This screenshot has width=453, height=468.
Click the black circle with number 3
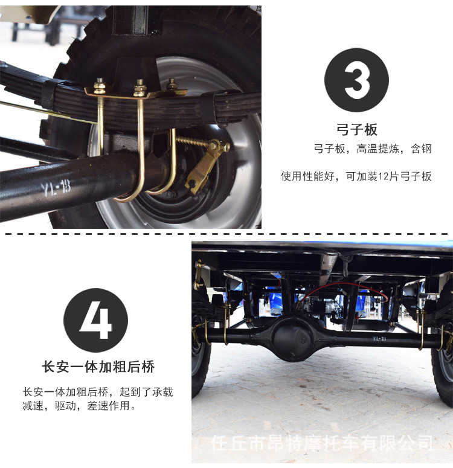pos(356,80)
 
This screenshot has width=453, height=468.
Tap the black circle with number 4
pos(95,320)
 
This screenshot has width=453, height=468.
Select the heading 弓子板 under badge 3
pos(357,130)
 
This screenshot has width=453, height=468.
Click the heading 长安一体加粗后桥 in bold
pos(98,367)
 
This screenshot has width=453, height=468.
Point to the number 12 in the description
pos(383,176)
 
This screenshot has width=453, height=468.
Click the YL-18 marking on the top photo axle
pos(56,188)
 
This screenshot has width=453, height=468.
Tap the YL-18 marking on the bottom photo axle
pos(379,338)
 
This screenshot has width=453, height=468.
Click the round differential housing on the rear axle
pos(294,338)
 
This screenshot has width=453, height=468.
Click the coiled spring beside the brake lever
pos(192,141)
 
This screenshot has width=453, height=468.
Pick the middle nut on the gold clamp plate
pos(140,88)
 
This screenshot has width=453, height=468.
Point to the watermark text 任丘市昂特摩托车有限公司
pos(322,443)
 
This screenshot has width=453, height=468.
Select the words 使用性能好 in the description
pos(307,176)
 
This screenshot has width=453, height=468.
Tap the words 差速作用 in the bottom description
pos(108,406)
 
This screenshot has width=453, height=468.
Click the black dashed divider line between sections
pos(226,234)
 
